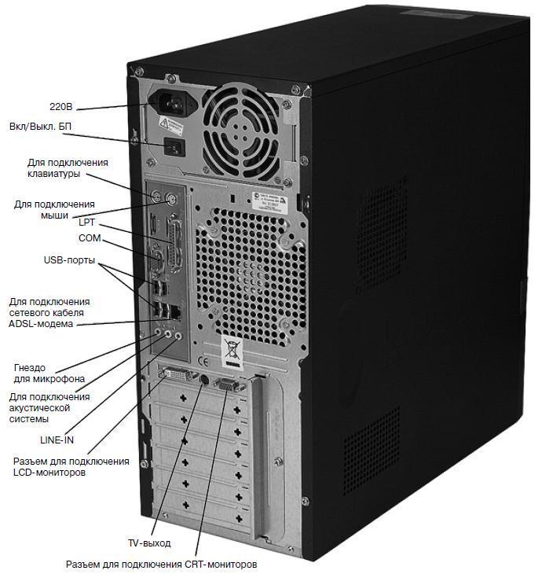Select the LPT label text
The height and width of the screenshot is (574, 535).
86,222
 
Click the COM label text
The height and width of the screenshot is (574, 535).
90,237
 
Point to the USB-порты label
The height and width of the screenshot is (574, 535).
70,259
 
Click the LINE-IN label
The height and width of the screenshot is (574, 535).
57,440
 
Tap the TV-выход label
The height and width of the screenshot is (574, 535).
148,543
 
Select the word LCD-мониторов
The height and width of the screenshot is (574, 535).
49,473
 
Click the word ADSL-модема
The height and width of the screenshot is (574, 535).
40,323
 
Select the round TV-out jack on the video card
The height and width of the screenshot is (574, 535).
204,380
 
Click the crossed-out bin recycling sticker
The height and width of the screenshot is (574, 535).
232,351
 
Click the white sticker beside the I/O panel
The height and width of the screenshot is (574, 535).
276,200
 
